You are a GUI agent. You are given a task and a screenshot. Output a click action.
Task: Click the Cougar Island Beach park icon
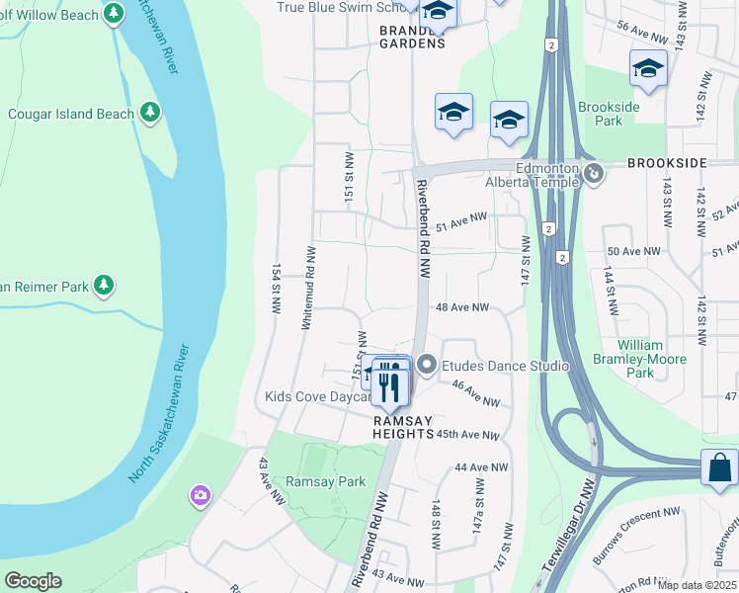coord(150,113)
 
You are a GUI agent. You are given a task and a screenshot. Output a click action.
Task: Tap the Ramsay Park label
coord(325,481)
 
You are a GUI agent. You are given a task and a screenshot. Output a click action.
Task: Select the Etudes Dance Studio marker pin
coord(426,366)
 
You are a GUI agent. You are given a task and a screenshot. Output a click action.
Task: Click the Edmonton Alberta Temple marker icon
coord(594,175)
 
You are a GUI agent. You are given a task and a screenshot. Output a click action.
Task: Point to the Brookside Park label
coord(610,114)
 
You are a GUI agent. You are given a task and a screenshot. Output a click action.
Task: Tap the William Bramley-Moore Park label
coord(640,360)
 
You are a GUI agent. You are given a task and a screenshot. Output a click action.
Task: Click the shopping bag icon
coord(719,467)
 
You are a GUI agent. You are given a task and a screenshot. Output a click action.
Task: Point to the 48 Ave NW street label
coord(462,307)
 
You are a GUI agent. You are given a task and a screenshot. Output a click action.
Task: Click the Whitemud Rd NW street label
coord(310,287)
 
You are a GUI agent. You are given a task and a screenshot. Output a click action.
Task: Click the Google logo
coord(33,581)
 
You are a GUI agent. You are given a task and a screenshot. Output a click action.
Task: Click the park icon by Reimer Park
coord(103,287)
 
